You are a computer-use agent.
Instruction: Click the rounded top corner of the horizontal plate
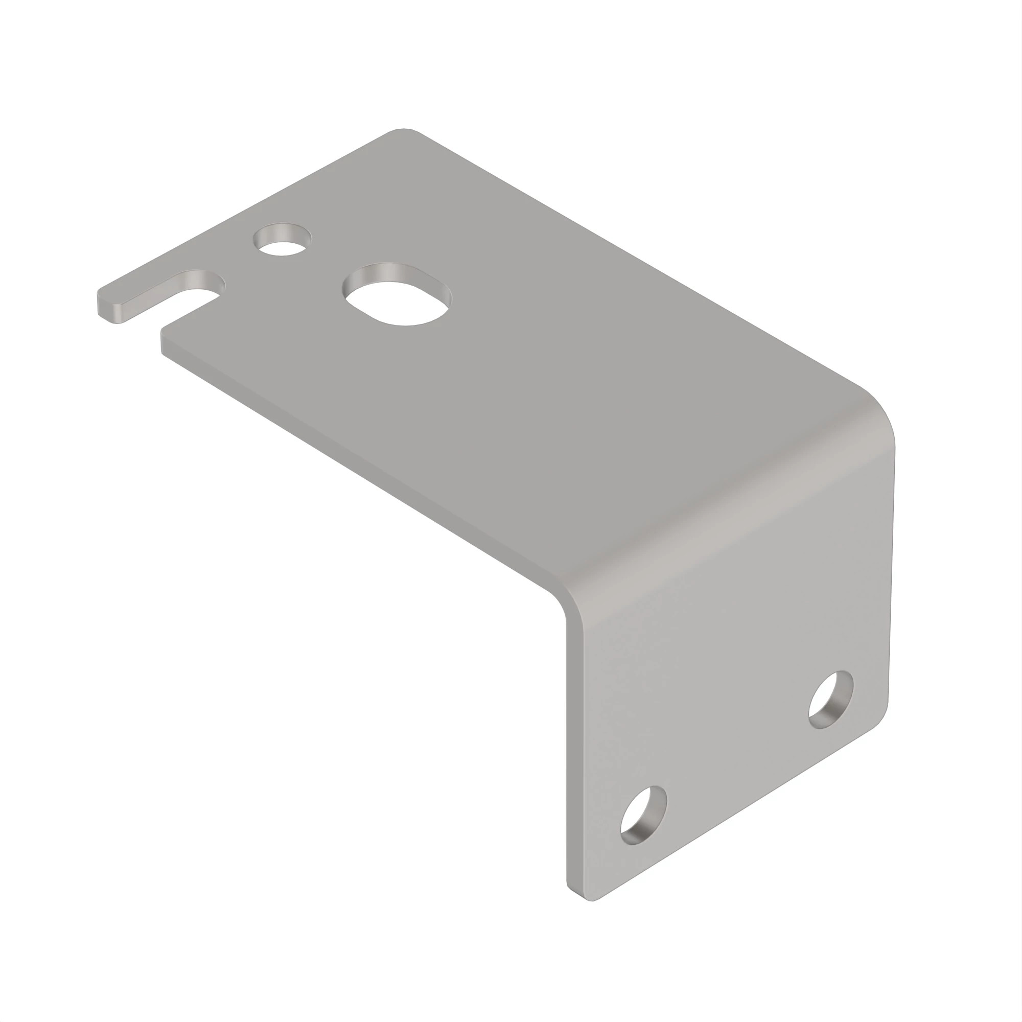404,131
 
